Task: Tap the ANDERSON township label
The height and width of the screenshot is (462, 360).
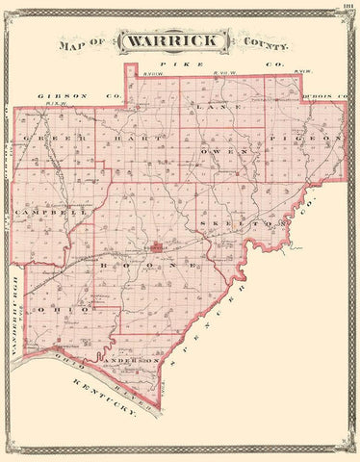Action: (x=135, y=359)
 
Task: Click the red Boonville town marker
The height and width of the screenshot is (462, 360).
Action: (x=157, y=244)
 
